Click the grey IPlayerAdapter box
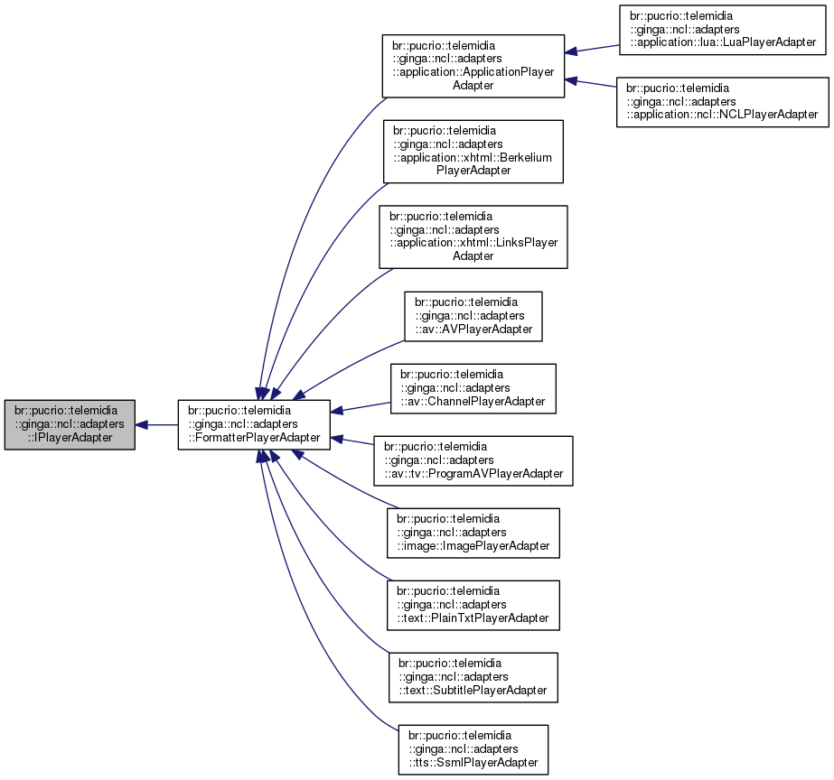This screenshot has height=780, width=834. [x=70, y=424]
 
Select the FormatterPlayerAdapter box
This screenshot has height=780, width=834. [x=254, y=424]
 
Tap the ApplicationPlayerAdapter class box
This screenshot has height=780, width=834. [x=473, y=67]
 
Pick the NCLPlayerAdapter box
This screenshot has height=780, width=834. [x=722, y=102]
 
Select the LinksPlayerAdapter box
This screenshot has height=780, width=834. [x=473, y=237]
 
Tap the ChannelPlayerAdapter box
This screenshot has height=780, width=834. [x=473, y=388]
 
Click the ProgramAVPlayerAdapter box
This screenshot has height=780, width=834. [x=473, y=460]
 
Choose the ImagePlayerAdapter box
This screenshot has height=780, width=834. [x=473, y=533]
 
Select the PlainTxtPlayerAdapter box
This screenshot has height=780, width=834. [x=473, y=605]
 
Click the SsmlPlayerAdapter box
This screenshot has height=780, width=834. [x=473, y=749]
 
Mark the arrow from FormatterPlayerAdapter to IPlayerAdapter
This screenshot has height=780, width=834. [x=158, y=424]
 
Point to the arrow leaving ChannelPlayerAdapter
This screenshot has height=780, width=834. [x=361, y=405]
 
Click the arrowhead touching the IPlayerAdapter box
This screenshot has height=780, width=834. [x=142, y=424]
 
